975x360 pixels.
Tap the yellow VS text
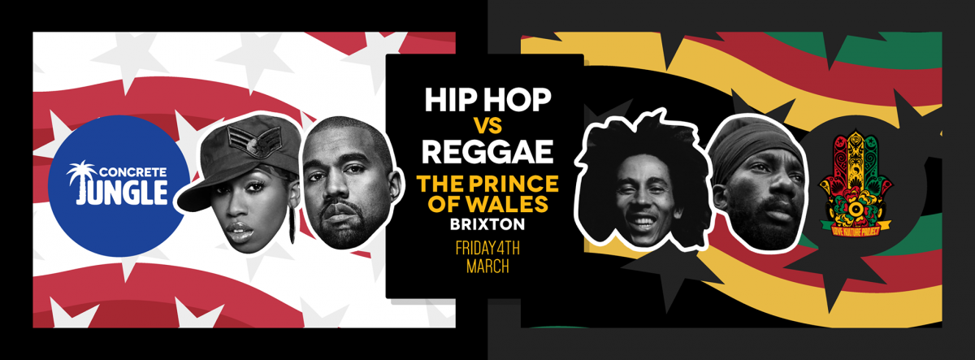click(488, 126)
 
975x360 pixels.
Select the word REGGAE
click(487, 151)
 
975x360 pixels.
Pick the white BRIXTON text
click(487, 224)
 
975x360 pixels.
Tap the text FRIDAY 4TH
click(487, 249)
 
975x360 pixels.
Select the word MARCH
click(487, 267)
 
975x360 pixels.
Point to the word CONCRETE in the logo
click(127, 172)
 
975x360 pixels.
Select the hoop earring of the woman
click(292, 225)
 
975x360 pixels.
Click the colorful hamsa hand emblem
click(856, 179)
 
